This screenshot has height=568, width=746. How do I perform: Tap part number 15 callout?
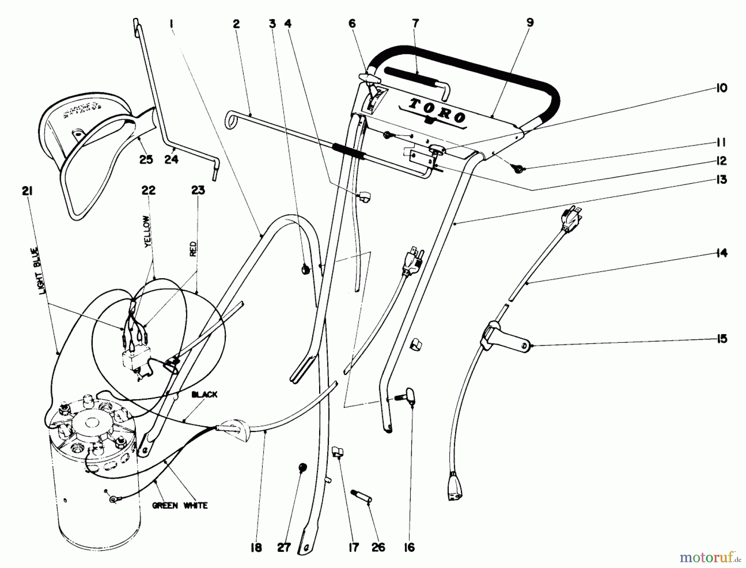coord(722,339)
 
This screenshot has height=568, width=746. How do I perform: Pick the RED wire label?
coord(193,249)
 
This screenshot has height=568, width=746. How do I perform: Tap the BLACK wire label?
coord(204,394)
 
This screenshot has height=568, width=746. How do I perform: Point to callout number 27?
coord(284,548)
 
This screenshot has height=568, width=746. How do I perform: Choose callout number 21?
coord(28,191)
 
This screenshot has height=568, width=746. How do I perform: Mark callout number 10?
coord(722,88)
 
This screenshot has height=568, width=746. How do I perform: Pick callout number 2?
coord(236,24)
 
